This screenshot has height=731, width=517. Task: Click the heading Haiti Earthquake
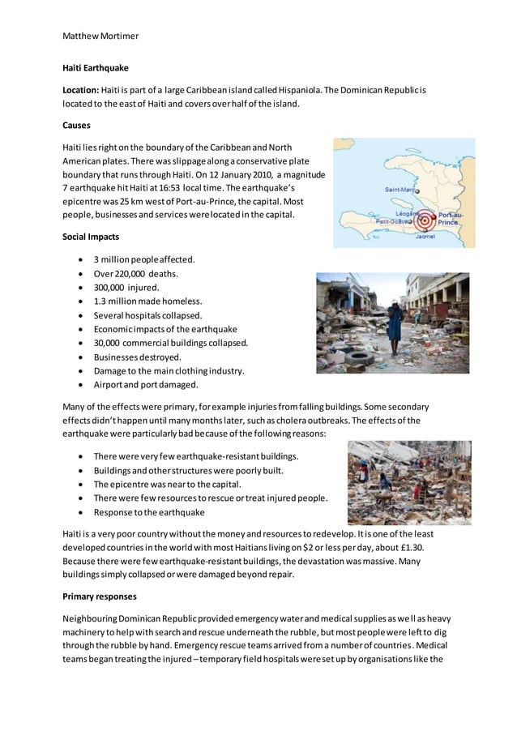[95, 69]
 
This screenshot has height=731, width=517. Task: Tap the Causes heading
[76, 126]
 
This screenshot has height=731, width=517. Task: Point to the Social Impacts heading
[91, 237]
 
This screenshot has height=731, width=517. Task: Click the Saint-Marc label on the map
[399, 189]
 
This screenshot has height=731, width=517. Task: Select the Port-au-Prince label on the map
[448, 219]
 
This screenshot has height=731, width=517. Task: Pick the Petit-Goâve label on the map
[391, 220]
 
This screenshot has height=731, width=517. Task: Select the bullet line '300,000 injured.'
[126, 287]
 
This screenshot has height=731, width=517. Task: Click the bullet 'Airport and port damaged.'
[146, 385]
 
